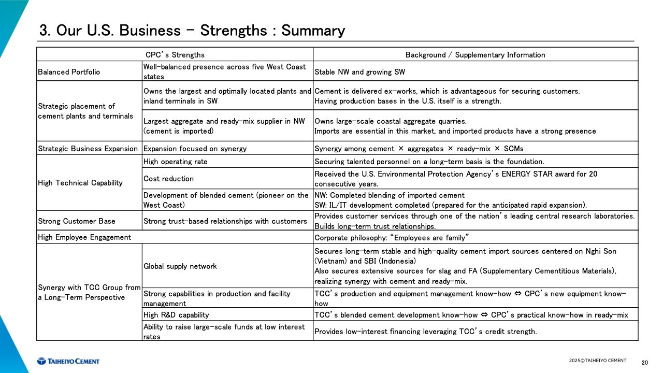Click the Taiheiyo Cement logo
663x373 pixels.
[68, 361]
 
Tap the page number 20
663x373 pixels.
[644, 362]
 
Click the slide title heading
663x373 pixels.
[192, 31]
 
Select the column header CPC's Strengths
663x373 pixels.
[175, 55]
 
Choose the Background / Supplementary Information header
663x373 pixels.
[475, 55]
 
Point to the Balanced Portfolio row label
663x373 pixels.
[69, 72]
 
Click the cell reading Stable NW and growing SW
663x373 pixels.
[360, 72]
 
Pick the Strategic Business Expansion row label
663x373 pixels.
[88, 149]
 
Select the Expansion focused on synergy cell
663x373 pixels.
[195, 149]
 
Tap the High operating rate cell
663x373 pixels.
[175, 162]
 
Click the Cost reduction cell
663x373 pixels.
[168, 179]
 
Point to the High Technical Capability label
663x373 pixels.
[80, 182]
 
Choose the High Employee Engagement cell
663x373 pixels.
[84, 237]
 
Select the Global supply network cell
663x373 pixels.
[180, 266]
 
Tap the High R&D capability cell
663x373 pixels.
[176, 314]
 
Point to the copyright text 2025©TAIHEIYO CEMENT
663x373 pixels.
[597, 361]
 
